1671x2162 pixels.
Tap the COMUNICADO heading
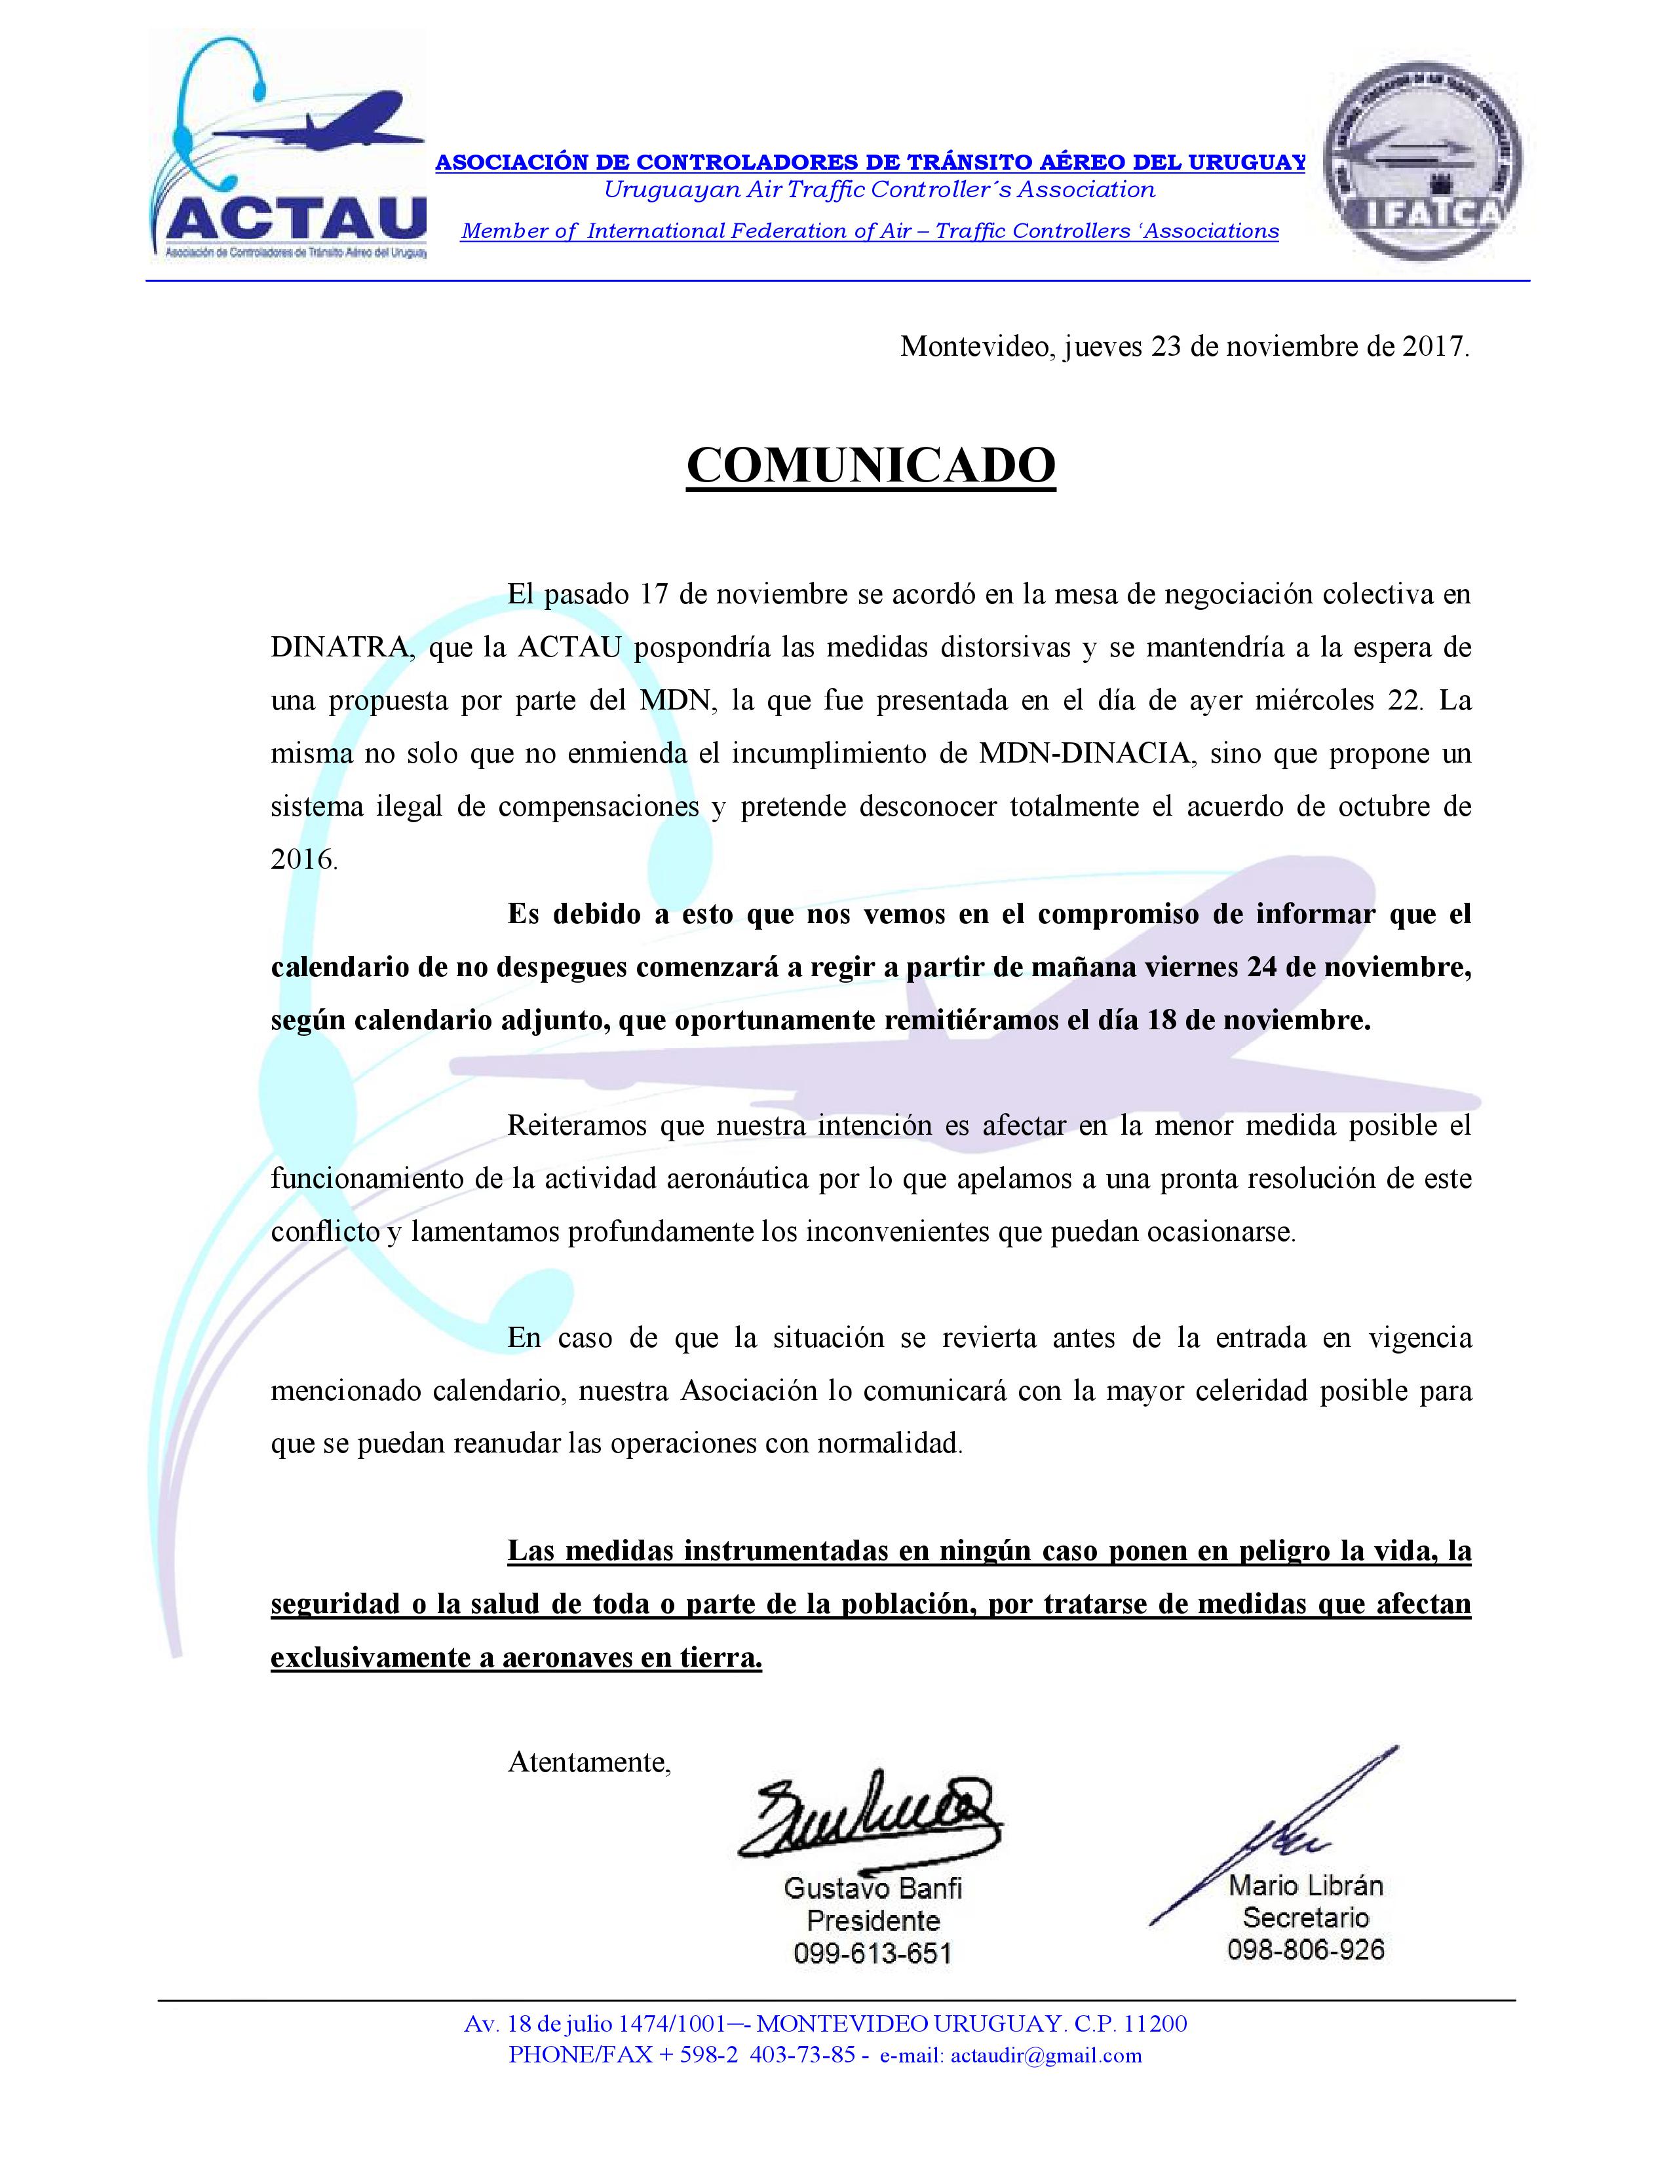(871, 465)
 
